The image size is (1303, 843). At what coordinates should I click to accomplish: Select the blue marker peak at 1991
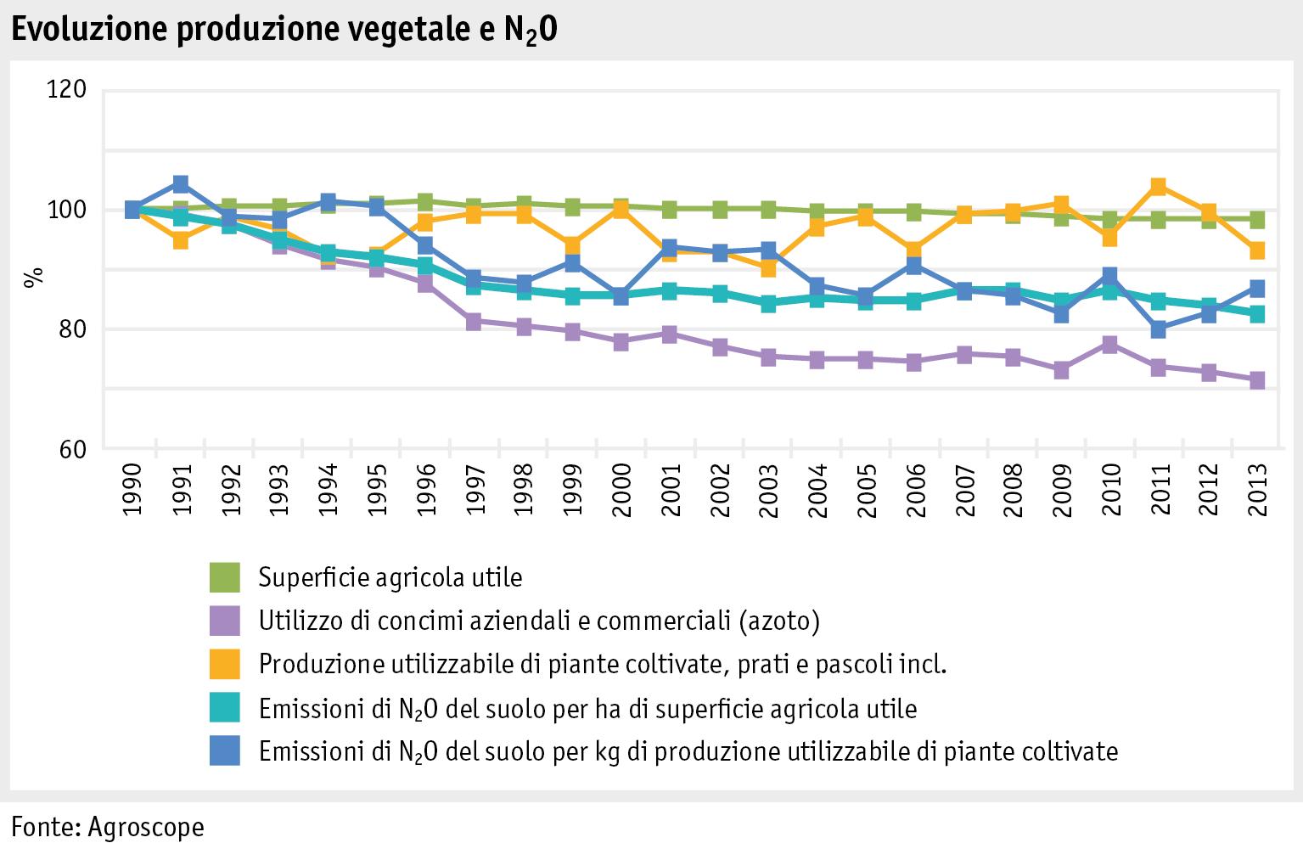click(181, 184)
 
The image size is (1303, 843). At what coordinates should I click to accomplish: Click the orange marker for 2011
click(1158, 187)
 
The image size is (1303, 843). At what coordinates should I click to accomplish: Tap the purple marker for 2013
click(1256, 380)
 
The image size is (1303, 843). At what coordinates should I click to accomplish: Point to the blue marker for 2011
click(1158, 329)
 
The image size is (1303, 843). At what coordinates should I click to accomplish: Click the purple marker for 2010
click(1109, 344)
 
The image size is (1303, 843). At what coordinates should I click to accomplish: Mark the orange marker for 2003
click(767, 268)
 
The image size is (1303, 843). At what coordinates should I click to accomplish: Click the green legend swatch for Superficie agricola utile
click(226, 577)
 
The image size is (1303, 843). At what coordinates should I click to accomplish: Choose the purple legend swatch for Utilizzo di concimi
click(226, 621)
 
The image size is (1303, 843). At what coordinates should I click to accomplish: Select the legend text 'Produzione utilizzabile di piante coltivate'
click(602, 665)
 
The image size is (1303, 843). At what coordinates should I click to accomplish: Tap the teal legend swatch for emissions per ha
click(226, 708)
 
